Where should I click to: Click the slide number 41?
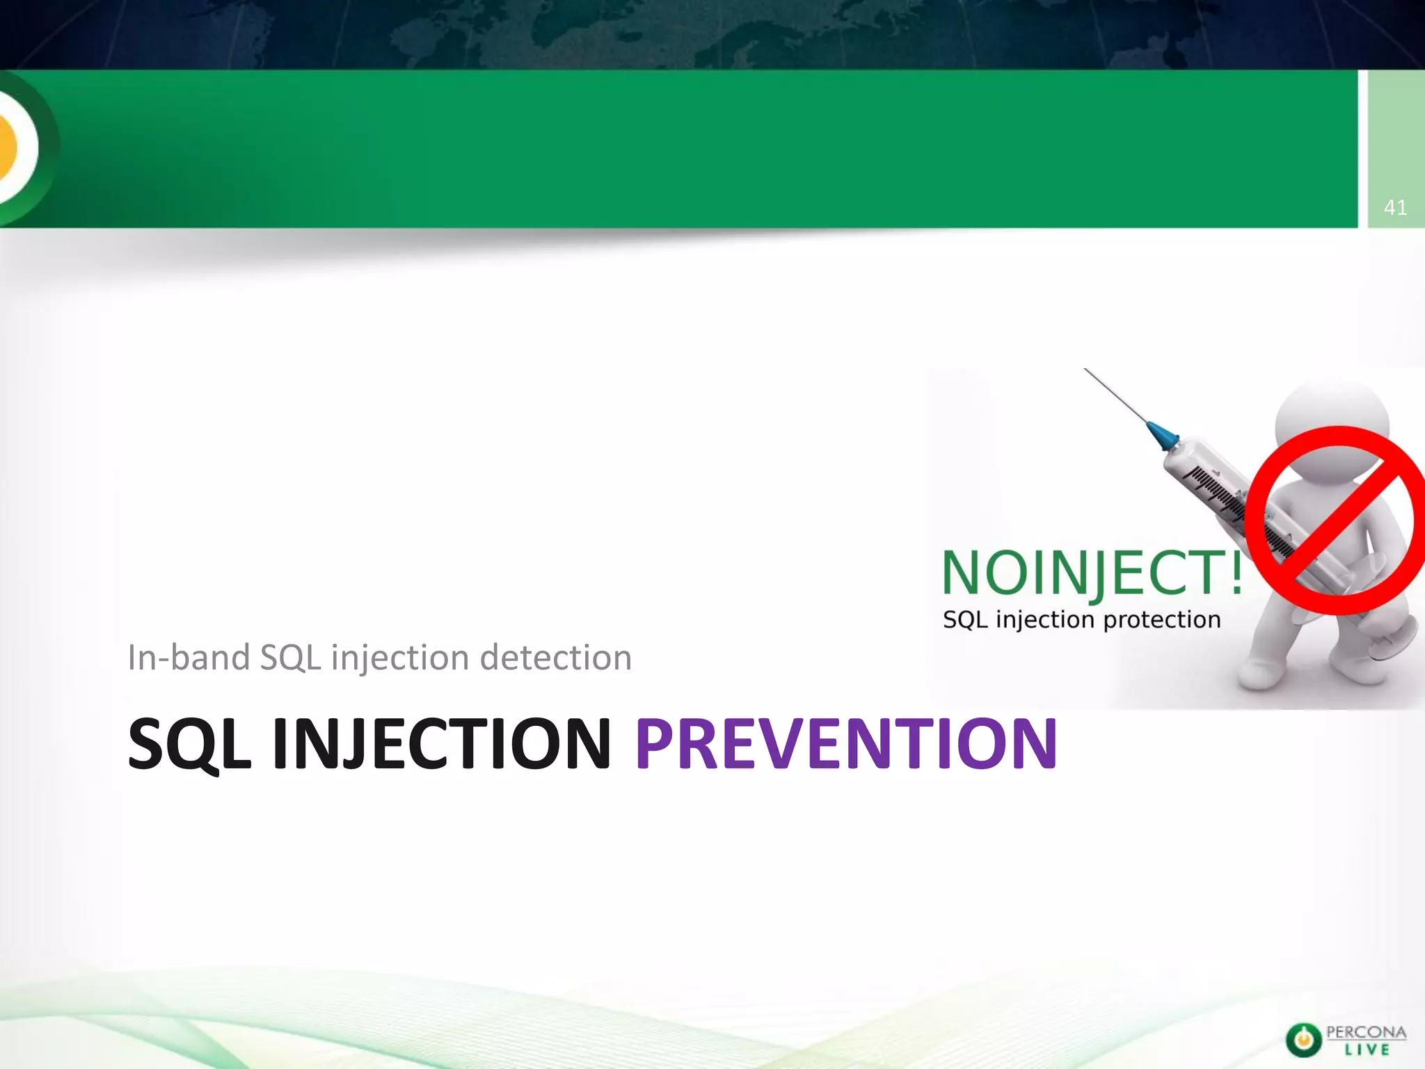1395,207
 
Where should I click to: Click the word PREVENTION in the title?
845,744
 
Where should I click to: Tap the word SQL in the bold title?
189,745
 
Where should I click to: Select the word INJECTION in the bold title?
441,744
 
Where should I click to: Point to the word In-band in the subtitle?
188,658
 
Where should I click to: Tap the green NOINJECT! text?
1091,572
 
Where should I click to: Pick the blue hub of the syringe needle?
1162,434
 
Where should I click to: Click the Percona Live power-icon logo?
1303,1040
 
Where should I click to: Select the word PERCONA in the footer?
1366,1032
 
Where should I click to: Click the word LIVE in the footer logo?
1367,1050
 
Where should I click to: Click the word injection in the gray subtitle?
399,658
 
